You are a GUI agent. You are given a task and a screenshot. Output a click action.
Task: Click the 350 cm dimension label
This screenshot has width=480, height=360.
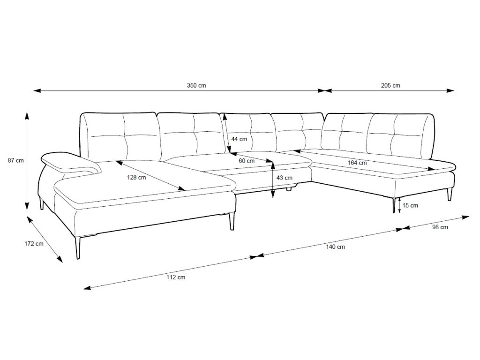pos(196,85)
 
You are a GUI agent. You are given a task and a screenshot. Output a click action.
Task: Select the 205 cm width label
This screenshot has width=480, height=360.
pos(390,85)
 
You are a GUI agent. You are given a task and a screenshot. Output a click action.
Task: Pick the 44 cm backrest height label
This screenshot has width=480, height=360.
pos(239,139)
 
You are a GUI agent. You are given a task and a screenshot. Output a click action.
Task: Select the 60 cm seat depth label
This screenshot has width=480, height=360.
pos(247,161)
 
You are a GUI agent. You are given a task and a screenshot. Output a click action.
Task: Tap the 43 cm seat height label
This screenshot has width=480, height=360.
pos(285,178)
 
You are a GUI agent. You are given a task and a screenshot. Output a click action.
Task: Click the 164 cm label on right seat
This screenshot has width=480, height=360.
pos(358,163)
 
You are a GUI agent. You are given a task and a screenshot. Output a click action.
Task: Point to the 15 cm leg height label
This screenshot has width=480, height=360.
pos(410,205)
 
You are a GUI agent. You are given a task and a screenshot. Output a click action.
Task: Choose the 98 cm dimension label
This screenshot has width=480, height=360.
pos(440,227)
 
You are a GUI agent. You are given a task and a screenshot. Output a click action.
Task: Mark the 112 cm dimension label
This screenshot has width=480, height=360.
pos(176,277)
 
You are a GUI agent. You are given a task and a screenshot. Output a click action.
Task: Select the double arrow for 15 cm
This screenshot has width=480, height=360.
pos(399,205)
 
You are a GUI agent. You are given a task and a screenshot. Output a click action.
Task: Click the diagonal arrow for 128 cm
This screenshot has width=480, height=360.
pos(150,176)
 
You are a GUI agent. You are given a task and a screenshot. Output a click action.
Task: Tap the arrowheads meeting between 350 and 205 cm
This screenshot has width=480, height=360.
pos(322,90)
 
